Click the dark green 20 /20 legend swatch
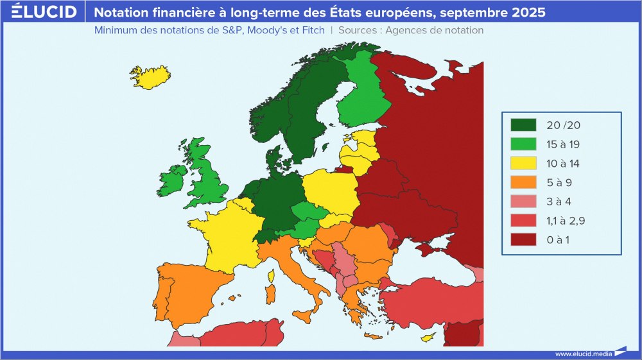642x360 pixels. pyautogui.click(x=523, y=124)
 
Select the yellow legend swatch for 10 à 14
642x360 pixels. pyautogui.click(x=523, y=163)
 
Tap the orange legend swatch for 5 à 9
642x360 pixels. pyautogui.click(x=523, y=182)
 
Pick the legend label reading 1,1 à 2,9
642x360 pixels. pyautogui.click(x=566, y=221)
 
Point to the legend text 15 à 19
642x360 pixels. pyautogui.click(x=563, y=144)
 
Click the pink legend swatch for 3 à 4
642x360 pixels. pyautogui.click(x=523, y=201)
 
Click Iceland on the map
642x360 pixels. pyautogui.click(x=150, y=76)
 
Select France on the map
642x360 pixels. pyautogui.click(x=228, y=234)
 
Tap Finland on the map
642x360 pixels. pyautogui.click(x=363, y=96)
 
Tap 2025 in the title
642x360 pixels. pyautogui.click(x=528, y=12)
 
